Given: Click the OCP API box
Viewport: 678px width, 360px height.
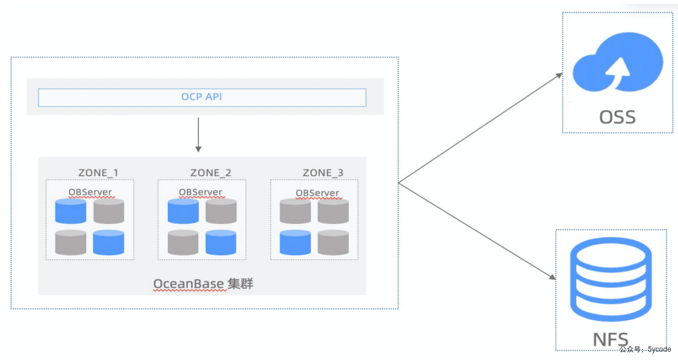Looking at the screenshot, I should [202, 97].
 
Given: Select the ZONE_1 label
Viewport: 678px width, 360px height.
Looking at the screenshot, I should [98, 173].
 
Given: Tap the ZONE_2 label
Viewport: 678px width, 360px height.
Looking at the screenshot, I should [210, 173].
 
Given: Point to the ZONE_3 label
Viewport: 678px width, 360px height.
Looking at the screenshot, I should [323, 173].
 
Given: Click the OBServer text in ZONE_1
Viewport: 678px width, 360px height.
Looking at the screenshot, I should [90, 192].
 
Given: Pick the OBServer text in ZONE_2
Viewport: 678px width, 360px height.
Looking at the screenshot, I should [201, 192].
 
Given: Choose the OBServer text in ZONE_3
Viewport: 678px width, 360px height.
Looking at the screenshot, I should [317, 192].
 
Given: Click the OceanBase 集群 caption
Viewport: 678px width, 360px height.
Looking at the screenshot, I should [203, 284].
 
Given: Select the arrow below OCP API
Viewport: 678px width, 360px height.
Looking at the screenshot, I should [199, 135].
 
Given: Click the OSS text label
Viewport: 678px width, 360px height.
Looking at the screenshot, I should [618, 116].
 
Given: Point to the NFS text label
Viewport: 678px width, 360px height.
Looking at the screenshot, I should [611, 340].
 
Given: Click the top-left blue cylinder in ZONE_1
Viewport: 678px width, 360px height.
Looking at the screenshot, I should [70, 211].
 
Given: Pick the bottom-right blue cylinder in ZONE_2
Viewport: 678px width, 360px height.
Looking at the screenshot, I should [221, 242].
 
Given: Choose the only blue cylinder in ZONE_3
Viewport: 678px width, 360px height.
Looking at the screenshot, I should [295, 242].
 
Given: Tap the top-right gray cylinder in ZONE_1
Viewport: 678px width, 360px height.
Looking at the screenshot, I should [109, 211].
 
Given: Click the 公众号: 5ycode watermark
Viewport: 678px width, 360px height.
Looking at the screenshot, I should [645, 350].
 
